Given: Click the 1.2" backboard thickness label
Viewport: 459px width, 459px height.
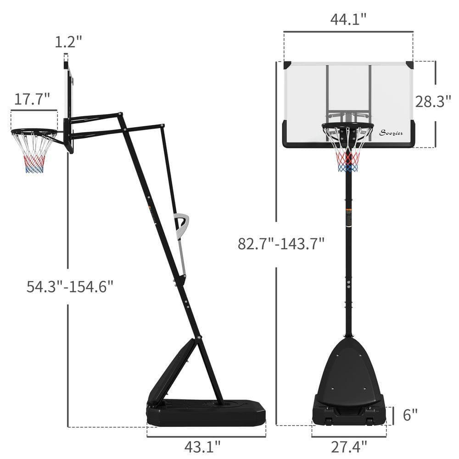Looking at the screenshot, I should tap(68, 42).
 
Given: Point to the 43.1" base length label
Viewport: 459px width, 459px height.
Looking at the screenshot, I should tap(202, 446).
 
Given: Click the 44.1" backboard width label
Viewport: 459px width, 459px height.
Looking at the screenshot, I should tap(348, 19).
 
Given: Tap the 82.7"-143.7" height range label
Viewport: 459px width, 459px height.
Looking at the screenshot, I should tap(281, 243).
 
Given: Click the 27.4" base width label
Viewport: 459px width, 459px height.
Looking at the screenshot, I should tap(349, 446).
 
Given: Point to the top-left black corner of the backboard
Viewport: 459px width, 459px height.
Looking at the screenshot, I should tap(287, 65).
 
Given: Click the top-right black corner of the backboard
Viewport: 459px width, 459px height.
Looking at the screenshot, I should tap(409, 65).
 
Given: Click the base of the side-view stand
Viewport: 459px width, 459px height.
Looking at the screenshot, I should tap(207, 411).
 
